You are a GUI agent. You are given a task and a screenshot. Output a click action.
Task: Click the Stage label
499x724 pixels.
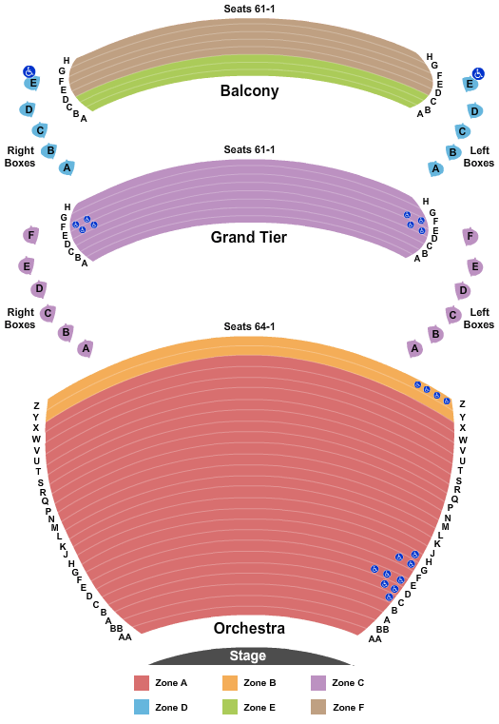pyautogui.click(x=248, y=656)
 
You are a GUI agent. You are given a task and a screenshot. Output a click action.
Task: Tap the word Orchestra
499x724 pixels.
pyautogui.click(x=249, y=628)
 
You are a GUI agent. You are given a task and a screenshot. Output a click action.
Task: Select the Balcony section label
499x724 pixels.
pyautogui.click(x=249, y=90)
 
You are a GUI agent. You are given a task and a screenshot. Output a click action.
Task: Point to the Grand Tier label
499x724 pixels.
pyautogui.click(x=249, y=237)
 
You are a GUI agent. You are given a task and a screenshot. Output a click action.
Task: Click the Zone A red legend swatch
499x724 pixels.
pyautogui.click(x=142, y=683)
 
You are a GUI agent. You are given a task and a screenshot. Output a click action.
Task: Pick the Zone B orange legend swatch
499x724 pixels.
pyautogui.click(x=230, y=683)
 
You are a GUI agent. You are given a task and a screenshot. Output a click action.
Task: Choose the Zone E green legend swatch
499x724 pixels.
pyautogui.click(x=230, y=707)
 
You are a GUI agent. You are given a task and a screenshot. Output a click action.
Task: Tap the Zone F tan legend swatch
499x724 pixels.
pyautogui.click(x=318, y=707)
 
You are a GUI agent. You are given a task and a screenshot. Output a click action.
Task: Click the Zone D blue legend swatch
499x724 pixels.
pyautogui.click(x=142, y=707)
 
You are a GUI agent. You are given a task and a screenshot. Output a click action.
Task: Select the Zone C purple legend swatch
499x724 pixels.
pyautogui.click(x=318, y=683)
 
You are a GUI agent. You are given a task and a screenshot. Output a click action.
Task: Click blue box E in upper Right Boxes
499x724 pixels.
pyautogui.click(x=31, y=83)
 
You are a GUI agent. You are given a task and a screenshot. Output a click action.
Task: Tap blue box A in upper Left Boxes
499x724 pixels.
pyautogui.click(x=435, y=168)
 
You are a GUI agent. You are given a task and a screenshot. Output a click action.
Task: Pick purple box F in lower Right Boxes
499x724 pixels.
pyautogui.click(x=30, y=236)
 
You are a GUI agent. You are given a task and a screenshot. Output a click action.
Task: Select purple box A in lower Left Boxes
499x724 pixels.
pyautogui.click(x=414, y=348)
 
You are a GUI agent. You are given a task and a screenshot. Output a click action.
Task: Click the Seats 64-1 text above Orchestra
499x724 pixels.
pyautogui.click(x=249, y=326)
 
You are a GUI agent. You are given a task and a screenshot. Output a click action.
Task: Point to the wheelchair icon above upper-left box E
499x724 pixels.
pyautogui.click(x=478, y=73)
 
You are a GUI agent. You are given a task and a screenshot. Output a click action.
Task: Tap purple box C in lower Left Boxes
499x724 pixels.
pyautogui.click(x=452, y=315)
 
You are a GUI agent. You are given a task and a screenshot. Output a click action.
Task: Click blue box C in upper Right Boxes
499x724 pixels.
pyautogui.click(x=40, y=130)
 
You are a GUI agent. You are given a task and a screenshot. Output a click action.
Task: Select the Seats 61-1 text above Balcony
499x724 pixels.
pyautogui.click(x=249, y=9)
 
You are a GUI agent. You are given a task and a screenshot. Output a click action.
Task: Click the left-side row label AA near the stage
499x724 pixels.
pyautogui.click(x=125, y=637)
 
